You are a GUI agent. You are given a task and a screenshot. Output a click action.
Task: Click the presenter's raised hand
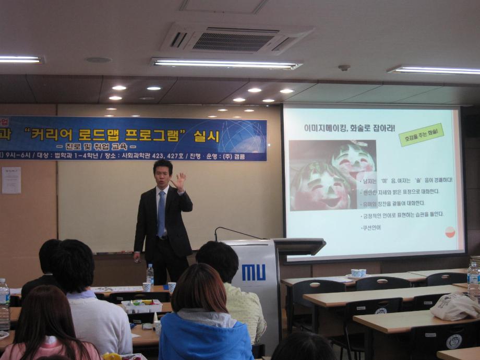[x=179, y=181]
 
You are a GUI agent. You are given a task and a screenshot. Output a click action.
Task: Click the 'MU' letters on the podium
[x=254, y=272]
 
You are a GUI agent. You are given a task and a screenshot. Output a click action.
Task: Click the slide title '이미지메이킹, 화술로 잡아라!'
[x=349, y=128]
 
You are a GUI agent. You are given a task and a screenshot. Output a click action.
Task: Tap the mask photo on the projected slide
[x=332, y=174]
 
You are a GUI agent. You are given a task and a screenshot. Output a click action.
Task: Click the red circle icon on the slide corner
[x=450, y=232]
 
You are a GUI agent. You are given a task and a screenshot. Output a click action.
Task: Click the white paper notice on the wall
[x=11, y=180]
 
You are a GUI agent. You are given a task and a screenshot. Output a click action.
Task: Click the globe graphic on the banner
[x=243, y=137]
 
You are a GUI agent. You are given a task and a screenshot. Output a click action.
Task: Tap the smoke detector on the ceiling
[x=344, y=68]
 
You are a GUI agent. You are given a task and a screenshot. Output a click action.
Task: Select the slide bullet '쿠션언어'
[x=371, y=228]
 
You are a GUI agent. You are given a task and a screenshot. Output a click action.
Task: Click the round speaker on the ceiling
[x=99, y=60]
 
